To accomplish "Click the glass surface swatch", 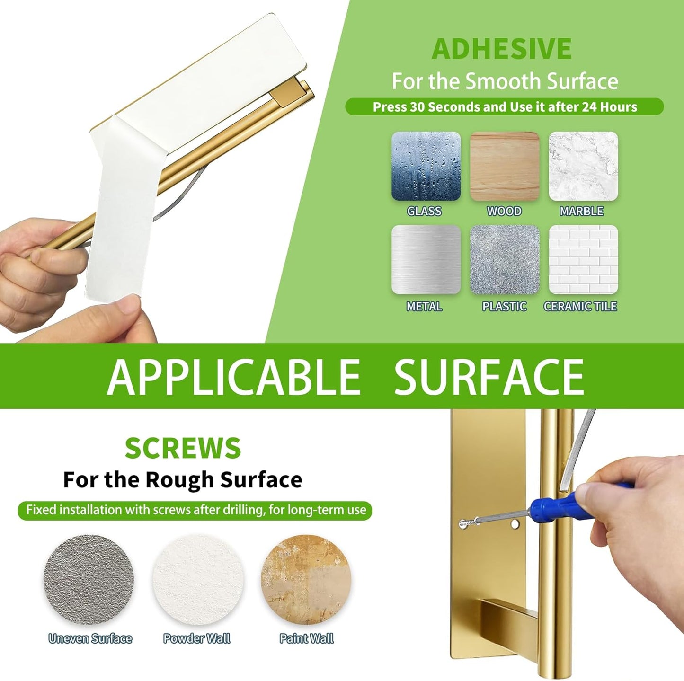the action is tap(426, 166).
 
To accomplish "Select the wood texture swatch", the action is tap(505, 166).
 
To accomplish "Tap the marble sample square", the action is tap(583, 166).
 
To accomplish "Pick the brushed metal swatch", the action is tap(426, 259).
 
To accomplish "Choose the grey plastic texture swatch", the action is tap(505, 259).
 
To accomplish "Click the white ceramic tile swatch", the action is tap(583, 259).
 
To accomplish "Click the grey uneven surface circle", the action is tap(89, 579).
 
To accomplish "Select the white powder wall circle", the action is tap(198, 579).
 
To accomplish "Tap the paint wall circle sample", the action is tap(306, 579).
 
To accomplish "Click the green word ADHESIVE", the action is tap(502, 49).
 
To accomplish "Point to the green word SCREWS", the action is tap(183, 448).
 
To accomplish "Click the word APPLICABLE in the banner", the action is tap(233, 377).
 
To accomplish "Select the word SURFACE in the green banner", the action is tap(489, 377).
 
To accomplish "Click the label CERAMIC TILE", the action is tap(580, 306).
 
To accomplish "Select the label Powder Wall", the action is tap(196, 639).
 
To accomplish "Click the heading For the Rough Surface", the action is tap(182, 480).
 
